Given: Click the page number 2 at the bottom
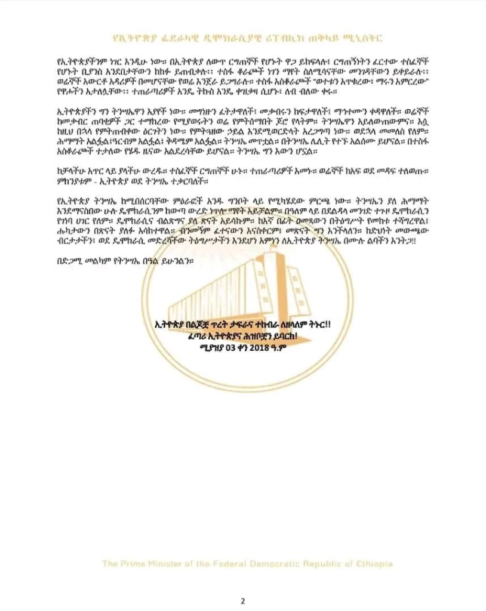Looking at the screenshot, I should pos(243,600).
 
